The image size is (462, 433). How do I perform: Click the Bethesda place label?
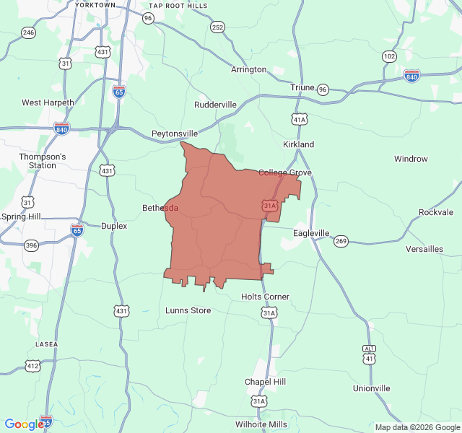point(160,208)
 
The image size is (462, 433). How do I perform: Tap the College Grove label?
point(285,172)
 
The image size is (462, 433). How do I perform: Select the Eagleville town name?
point(311,233)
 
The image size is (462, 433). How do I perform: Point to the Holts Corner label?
point(265,297)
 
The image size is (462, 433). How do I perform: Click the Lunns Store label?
point(188,310)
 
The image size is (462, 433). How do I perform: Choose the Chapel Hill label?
point(265,381)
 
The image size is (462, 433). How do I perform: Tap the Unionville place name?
point(371,388)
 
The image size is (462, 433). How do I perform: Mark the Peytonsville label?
point(175,134)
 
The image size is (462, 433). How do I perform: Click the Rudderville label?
point(215,105)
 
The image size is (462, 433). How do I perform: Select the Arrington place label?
point(248,70)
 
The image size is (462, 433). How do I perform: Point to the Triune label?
point(302,87)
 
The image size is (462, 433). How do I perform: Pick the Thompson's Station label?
point(42,161)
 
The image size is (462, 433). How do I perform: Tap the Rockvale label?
point(436,212)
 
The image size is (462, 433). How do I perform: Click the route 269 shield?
point(341,241)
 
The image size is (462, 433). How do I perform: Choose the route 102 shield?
point(389,56)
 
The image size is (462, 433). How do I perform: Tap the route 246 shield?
point(28,32)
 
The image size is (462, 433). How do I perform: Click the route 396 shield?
point(31,245)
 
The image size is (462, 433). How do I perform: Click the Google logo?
point(24,424)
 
